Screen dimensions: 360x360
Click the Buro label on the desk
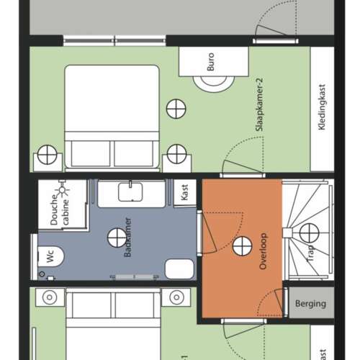[x=211, y=64]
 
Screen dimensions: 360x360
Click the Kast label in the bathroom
[x=185, y=192]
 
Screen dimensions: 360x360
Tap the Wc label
[x=50, y=256]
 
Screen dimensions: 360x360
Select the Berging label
[x=310, y=304]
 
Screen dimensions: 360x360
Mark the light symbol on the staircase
[x=309, y=232]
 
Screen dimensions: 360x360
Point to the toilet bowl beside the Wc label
[x=62, y=256]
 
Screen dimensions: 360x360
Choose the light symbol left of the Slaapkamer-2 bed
[x=48, y=154]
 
